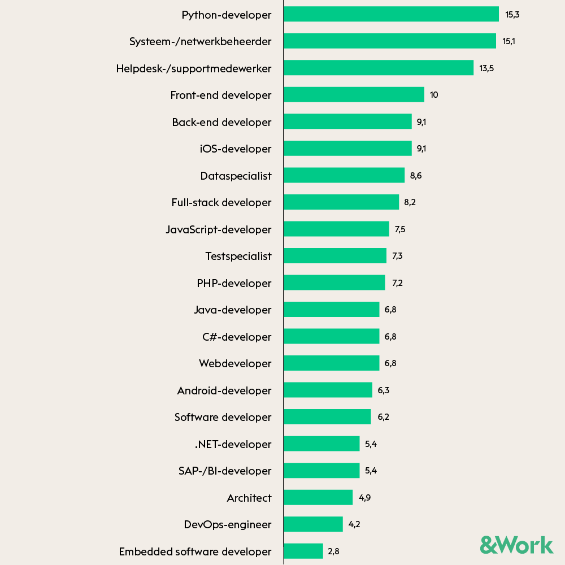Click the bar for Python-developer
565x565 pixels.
pyautogui.click(x=391, y=14)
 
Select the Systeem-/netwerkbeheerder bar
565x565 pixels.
pyautogui.click(x=390, y=41)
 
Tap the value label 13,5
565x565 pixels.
pyautogui.click(x=486, y=68)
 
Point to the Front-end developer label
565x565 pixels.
pyautogui.click(x=221, y=95)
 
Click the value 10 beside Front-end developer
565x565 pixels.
pyautogui.click(x=434, y=95)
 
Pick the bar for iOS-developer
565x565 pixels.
pyautogui.click(x=347, y=149)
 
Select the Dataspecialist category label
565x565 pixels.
pyautogui.click(x=236, y=176)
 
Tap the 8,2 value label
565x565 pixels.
pyautogui.click(x=410, y=202)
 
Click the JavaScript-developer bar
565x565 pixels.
pyautogui.click(x=336, y=229)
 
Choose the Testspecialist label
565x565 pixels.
pyautogui.click(x=238, y=256)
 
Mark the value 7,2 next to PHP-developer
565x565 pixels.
pyautogui.click(x=397, y=283)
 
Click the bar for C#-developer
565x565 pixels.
pyautogui.click(x=331, y=336)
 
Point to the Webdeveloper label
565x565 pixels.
pyautogui.click(x=235, y=363)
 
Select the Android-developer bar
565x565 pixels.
pyautogui.click(x=328, y=390)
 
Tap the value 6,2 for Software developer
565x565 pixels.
pyautogui.click(x=383, y=417)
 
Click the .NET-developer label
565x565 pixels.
pyautogui.click(x=233, y=444)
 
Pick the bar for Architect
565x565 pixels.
pyautogui.click(x=318, y=497)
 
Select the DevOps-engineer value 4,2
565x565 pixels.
pyautogui.click(x=354, y=524)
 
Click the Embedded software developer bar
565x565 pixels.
pyautogui.click(x=303, y=551)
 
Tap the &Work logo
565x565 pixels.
pyautogui.click(x=516, y=545)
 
